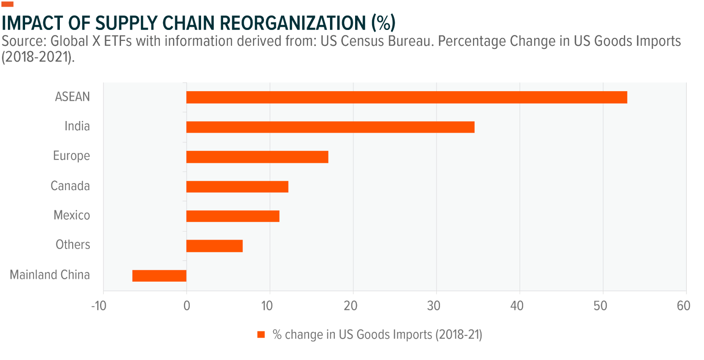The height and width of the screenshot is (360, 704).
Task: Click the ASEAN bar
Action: (407, 97)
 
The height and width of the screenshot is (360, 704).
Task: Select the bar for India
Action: (330, 127)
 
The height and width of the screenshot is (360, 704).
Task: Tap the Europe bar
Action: (257, 157)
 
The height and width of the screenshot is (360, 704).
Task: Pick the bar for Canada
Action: (237, 187)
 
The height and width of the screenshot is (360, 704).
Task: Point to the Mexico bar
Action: (233, 216)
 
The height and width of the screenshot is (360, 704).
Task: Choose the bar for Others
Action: (214, 246)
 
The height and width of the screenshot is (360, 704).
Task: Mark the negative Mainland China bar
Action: (159, 276)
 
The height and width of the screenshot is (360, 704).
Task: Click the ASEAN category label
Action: (72, 97)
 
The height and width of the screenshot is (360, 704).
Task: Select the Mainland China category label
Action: (50, 275)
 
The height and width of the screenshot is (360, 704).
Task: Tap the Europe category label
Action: (71, 156)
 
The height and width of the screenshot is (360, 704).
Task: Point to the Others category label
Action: (73, 245)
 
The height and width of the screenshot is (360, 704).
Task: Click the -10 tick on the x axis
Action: (99, 306)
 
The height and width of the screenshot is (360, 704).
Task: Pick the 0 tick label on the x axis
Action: (187, 306)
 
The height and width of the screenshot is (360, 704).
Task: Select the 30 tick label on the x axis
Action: (433, 306)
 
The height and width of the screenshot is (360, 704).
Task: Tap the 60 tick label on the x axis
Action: (683, 306)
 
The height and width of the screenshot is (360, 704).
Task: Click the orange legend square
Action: (261, 335)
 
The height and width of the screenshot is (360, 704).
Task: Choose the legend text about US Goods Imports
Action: (377, 335)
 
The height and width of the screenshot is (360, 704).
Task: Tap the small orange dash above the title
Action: (8, 4)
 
